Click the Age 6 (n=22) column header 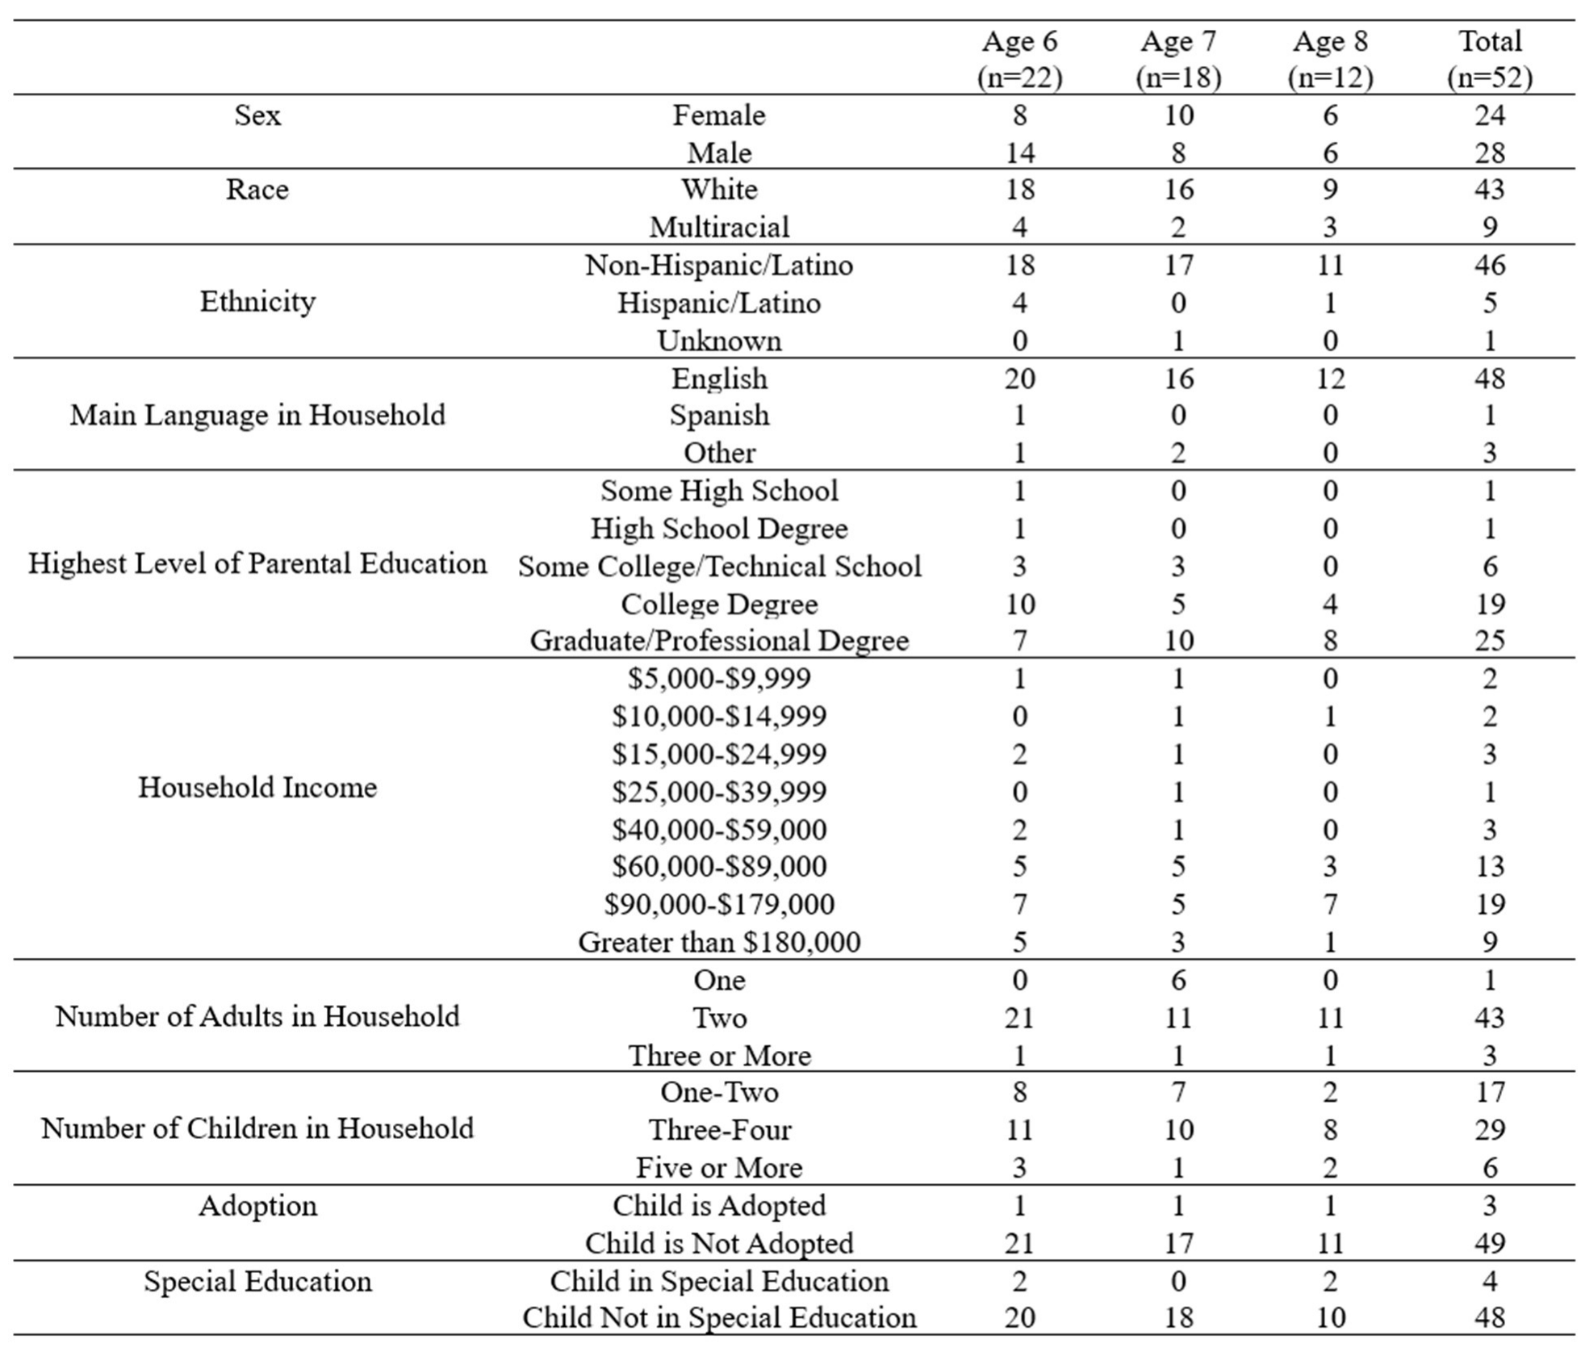coord(1019,59)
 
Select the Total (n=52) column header coord(1489,59)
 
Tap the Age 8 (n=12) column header coord(1330,59)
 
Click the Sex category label coord(257,115)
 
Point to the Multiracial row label coord(719,227)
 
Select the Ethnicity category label coord(257,302)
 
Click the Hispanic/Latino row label coord(719,303)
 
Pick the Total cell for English coord(1489,378)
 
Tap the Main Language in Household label coord(257,415)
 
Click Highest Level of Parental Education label coord(257,563)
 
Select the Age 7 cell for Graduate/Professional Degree coord(1178,640)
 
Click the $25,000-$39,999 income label coord(719,792)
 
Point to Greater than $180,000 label coord(719,942)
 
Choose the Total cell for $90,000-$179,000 coord(1489,904)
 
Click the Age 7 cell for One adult coord(1178,980)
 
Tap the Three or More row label coord(719,1055)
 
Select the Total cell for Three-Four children coord(1489,1129)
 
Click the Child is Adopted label coord(719,1205)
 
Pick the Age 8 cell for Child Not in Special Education coord(1330,1317)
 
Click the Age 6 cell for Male coord(1019,153)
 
